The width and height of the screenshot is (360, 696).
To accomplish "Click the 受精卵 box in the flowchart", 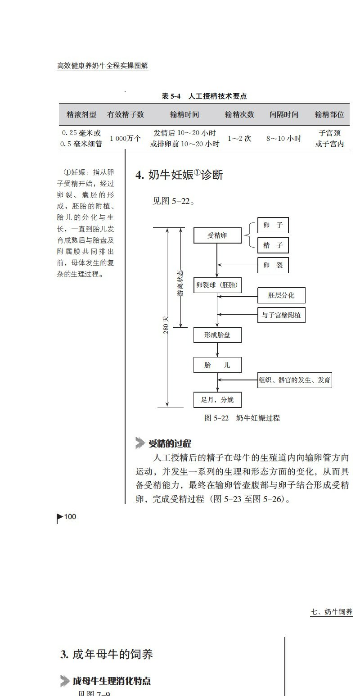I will [x=217, y=235].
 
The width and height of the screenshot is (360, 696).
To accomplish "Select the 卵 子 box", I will [x=273, y=225].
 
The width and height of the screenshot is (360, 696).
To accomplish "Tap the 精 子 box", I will [x=273, y=245].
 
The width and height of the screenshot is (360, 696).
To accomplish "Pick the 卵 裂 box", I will [x=273, y=266].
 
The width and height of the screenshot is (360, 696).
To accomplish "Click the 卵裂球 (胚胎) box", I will [x=217, y=285].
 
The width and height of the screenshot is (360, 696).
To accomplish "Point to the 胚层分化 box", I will [x=281, y=295].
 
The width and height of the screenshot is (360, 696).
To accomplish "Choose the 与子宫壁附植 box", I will [x=281, y=315].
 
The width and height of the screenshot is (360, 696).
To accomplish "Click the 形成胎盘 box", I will [x=217, y=335].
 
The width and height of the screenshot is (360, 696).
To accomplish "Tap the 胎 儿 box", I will [x=217, y=365].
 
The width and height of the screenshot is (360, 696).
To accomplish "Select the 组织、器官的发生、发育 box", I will [x=295, y=380].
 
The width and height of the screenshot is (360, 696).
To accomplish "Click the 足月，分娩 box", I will [x=217, y=400].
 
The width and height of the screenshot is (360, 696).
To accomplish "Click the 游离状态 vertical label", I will [x=180, y=284].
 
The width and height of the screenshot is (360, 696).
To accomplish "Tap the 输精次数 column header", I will [x=239, y=114].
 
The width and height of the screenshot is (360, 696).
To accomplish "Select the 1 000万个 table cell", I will [x=126, y=139].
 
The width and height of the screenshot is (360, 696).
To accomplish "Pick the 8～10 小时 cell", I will [x=283, y=139].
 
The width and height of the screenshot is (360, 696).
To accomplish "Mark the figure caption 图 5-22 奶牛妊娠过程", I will [x=242, y=418].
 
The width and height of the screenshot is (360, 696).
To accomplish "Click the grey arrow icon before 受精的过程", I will [x=140, y=443].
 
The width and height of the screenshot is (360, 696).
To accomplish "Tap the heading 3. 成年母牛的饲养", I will [x=107, y=654].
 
